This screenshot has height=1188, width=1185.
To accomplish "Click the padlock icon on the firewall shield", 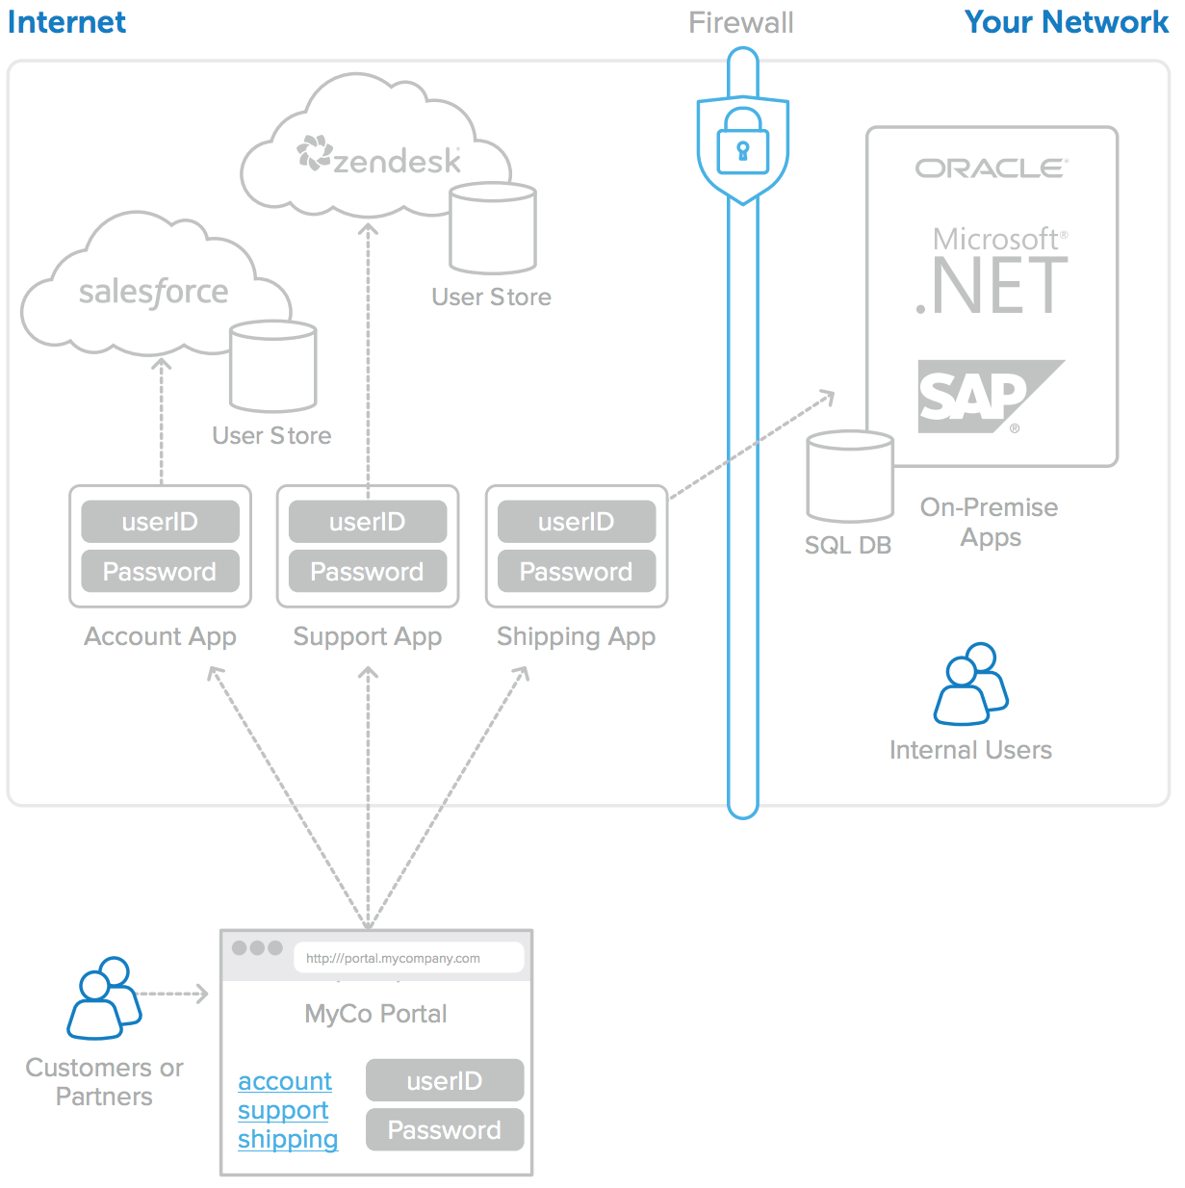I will click(742, 142).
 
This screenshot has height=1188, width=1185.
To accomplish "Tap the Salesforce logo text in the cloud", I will click(153, 292).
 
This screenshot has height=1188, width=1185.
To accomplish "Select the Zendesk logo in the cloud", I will click(379, 157).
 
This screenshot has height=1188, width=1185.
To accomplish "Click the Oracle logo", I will click(992, 168).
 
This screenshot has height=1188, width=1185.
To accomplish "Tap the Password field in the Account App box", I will click(160, 572).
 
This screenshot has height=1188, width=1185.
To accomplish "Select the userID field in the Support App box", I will click(368, 522).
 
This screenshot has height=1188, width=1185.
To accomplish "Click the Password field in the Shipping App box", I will click(576, 572).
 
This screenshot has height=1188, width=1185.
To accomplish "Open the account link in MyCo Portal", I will click(285, 1081).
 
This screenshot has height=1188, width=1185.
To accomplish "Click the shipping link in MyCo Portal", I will click(288, 1139).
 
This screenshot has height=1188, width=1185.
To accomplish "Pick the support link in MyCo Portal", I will click(283, 1110).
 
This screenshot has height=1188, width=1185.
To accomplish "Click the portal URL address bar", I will click(408, 958).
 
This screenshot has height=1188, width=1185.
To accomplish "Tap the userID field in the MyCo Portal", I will click(444, 1080).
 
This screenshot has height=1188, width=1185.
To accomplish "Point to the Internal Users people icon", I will click(970, 684).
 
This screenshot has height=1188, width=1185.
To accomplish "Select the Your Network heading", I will click(1066, 22).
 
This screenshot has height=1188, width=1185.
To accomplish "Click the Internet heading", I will click(66, 22).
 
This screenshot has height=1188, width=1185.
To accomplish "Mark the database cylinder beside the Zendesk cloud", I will click(493, 228).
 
